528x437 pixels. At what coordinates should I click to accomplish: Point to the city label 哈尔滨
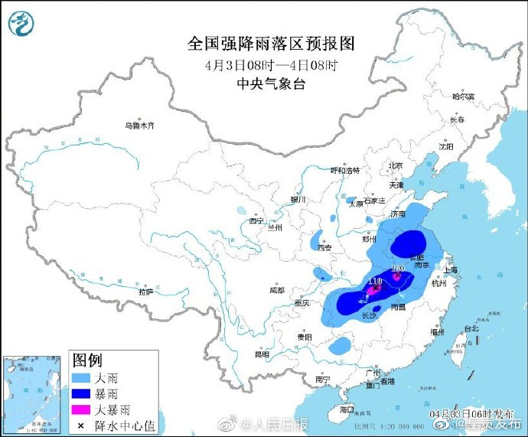coord(463,97)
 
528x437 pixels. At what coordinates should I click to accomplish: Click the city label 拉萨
coord(145,292)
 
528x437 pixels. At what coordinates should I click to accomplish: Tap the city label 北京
coord(395,165)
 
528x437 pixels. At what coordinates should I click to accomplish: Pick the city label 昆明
coord(262,354)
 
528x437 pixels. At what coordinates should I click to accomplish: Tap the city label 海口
coord(347,409)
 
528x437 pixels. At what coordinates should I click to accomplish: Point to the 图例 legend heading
coord(86,360)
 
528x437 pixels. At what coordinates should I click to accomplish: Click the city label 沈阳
coord(446,145)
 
